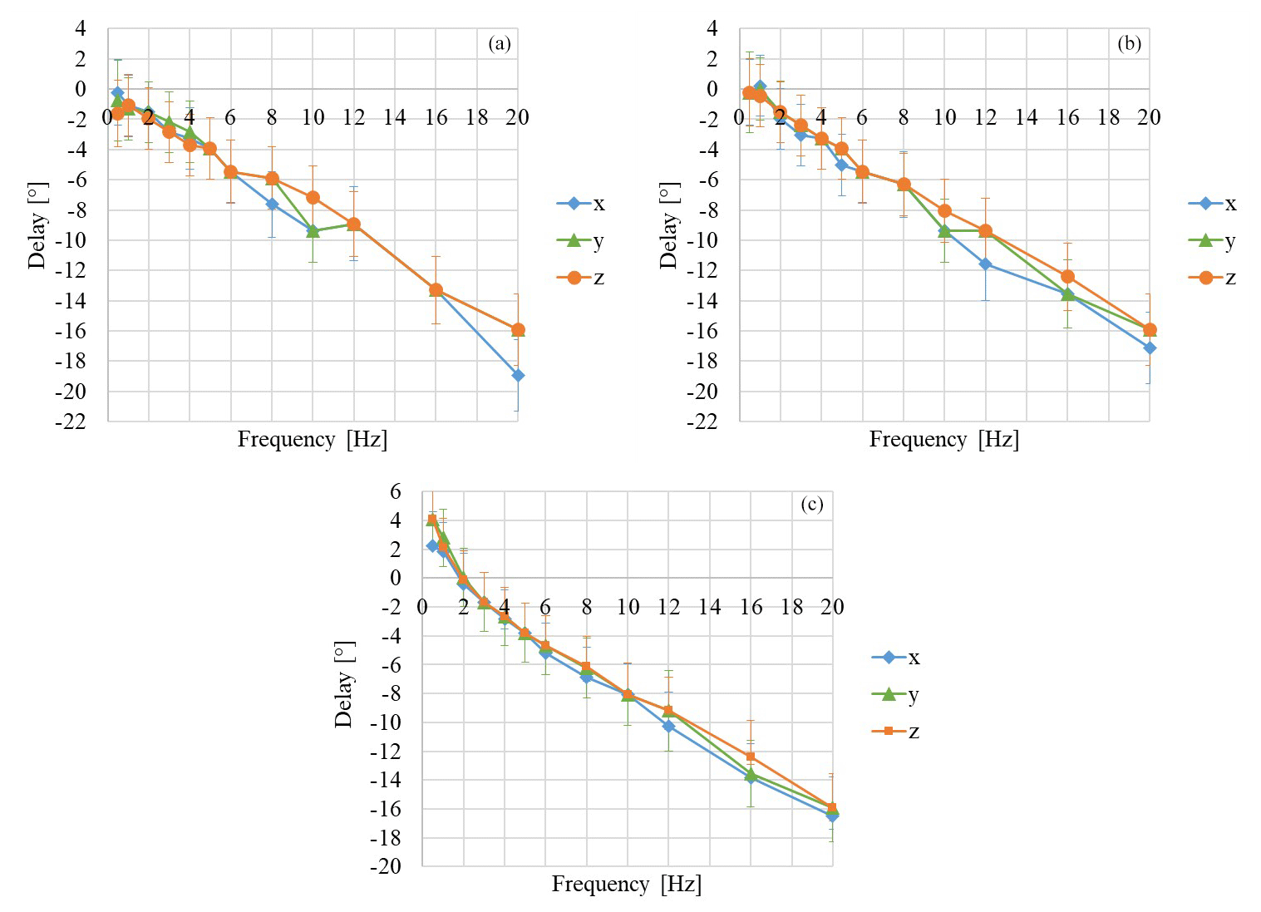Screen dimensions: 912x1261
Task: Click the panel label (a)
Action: [499, 44]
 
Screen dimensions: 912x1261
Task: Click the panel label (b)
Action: [1129, 44]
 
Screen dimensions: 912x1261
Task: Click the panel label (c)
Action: [811, 505]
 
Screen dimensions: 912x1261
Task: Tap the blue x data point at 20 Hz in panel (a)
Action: [518, 375]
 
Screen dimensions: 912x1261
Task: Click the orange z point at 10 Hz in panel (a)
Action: [313, 198]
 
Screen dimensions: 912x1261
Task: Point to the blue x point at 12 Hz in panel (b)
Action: [985, 264]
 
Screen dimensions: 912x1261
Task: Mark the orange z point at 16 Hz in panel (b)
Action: [1067, 276]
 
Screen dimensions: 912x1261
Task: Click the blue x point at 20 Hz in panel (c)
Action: [832, 816]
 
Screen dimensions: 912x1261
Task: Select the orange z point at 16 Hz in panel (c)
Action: [750, 757]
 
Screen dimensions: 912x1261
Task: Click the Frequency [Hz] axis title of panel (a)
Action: [312, 439]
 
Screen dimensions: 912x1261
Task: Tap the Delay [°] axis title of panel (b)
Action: [668, 225]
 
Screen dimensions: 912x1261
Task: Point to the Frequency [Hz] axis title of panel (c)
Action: [626, 884]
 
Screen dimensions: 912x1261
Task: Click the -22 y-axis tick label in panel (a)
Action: [70, 421]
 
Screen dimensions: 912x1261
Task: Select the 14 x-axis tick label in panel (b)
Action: [1026, 117]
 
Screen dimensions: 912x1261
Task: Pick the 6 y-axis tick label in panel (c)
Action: [395, 491]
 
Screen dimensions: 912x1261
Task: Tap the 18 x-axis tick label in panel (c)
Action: [791, 607]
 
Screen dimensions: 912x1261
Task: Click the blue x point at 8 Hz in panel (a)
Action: [272, 204]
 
